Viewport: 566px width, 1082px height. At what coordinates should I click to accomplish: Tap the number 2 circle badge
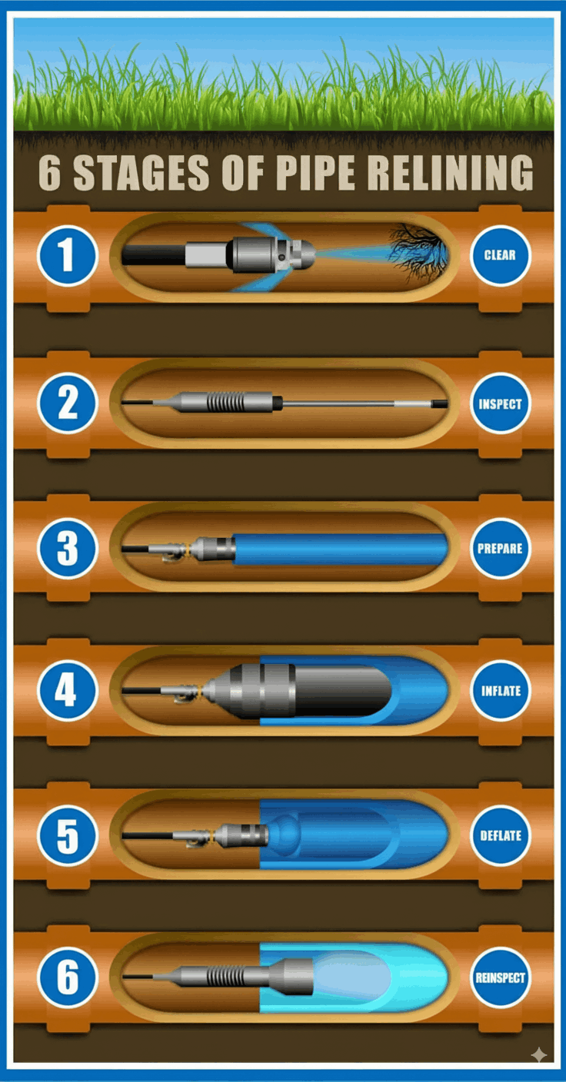68,403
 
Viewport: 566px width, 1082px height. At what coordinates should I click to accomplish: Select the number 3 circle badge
68,549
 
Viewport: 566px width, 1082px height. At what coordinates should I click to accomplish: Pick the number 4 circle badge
68,691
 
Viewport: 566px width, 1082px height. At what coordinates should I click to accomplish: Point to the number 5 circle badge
68,835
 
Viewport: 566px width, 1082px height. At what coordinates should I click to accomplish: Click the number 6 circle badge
68,977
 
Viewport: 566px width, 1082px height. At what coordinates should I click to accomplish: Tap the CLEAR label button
500,255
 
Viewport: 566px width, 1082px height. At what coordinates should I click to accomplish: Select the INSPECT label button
500,403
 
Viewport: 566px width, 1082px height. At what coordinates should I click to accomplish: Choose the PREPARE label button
500,549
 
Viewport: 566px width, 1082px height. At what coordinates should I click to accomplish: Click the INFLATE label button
500,691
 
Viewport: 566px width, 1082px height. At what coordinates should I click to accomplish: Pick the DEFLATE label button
500,835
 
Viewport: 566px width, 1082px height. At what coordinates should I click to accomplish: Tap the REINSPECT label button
500,977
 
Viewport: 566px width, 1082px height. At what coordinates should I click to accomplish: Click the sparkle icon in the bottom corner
539,1054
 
